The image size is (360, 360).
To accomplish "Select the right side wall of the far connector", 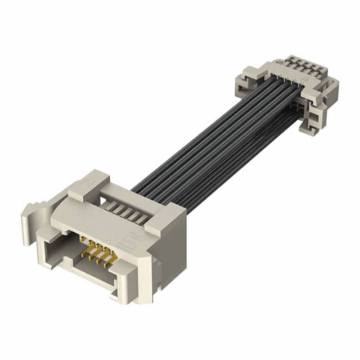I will coord(329,93).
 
